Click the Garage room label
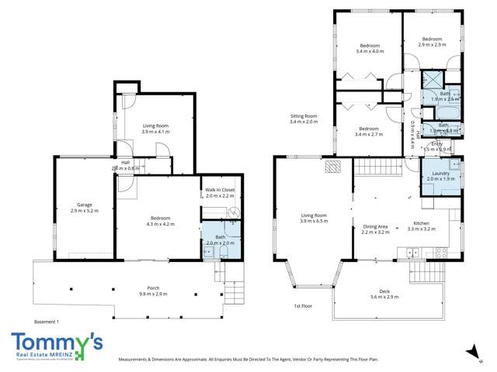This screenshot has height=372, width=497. click(x=85, y=205)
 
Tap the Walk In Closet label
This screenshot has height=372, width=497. click(x=220, y=190)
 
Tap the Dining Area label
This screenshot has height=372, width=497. click(x=376, y=226)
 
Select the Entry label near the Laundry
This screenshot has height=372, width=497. click(x=437, y=143)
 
